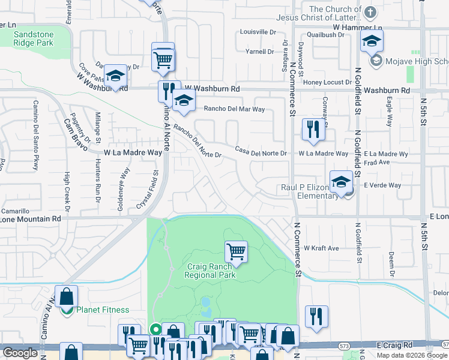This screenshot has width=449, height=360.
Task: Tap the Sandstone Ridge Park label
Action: [x=34, y=39]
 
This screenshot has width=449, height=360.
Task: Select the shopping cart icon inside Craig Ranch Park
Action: [x=237, y=252]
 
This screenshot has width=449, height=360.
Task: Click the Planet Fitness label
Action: [x=102, y=310]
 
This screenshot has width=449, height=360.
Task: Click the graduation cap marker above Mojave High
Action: [x=372, y=41]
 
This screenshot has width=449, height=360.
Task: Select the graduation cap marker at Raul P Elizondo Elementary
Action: [x=341, y=182]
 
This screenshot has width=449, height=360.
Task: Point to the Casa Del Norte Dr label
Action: [x=261, y=152]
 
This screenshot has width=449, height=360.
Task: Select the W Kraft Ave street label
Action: [x=321, y=248]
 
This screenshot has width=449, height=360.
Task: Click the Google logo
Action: [x=20, y=353]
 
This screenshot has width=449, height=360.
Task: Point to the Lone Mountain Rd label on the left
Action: [x=31, y=220]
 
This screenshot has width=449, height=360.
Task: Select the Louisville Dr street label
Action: [x=258, y=32]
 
